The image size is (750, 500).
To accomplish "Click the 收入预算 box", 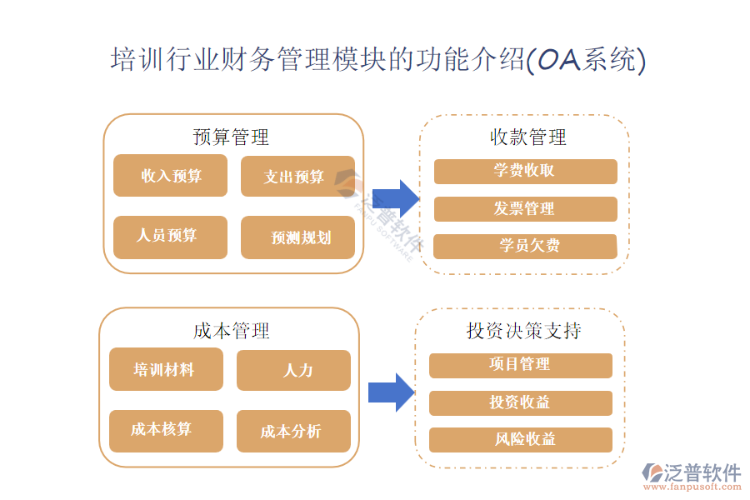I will coord(170,176).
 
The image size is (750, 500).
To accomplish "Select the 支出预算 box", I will coord(297,177).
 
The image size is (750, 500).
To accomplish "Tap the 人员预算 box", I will coord(170,236).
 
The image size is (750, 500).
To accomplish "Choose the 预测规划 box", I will coord(297,237).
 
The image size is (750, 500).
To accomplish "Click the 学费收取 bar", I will coord(525,172).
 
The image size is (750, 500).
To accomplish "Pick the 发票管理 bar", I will coord(525,209).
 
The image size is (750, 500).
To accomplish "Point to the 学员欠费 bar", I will coord(525,246).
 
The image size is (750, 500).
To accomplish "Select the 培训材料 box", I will coord(166,369).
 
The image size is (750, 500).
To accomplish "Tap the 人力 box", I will coord(293,370).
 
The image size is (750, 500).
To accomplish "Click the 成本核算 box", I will coord(166,430).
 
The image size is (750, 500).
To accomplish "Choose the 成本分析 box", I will coord(293,431).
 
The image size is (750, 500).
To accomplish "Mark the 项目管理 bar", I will coord(520,365).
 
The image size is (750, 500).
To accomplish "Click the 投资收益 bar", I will coord(520,403).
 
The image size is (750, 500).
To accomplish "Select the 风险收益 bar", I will coord(520,439).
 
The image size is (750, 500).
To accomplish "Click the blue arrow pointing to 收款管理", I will coord(395,199).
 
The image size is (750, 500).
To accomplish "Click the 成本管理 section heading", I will coord(231,331).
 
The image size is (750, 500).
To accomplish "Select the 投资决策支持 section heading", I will coord(523,331).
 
